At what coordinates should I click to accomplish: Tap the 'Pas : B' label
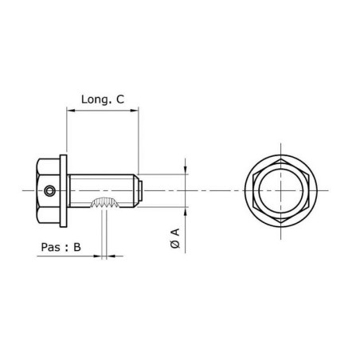point(61,247)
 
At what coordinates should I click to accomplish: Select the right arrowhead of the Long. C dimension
point(137,112)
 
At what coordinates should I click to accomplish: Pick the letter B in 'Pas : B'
point(77,247)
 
